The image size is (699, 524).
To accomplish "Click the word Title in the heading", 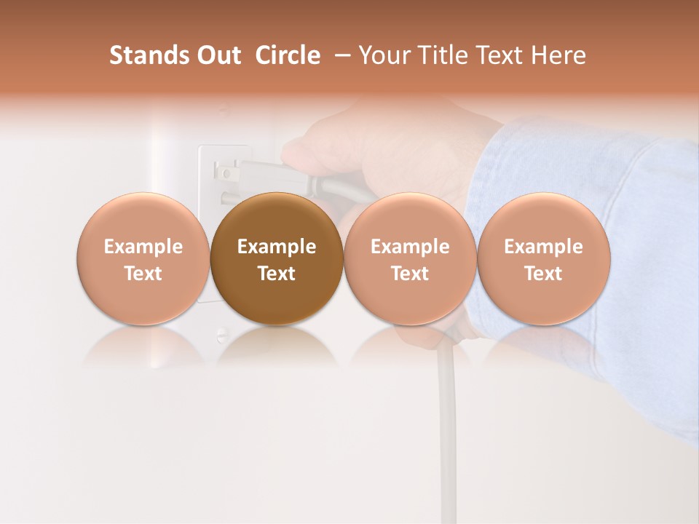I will [x=444, y=55].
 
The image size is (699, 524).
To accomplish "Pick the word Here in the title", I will [x=558, y=55].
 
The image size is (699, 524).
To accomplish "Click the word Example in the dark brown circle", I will [x=277, y=247].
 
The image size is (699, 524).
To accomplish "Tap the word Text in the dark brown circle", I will [x=277, y=274].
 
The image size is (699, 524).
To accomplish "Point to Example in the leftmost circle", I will [x=143, y=247].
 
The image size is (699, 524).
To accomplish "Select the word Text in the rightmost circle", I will [x=544, y=274].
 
